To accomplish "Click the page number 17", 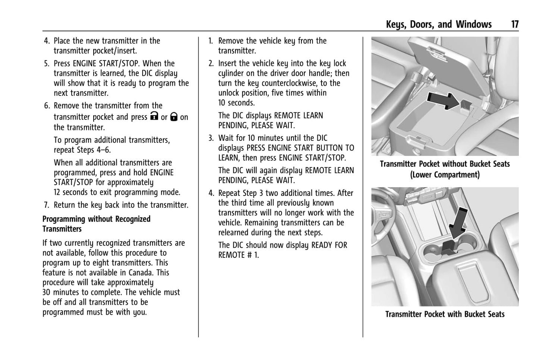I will point(514,25).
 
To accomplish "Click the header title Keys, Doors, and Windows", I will point(439,25).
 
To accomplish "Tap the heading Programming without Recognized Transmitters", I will point(96,224).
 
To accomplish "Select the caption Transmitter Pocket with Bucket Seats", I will point(445,314).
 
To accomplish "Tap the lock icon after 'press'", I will point(154,116).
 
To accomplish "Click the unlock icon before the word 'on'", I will point(174,117).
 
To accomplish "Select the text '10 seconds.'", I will point(236,103).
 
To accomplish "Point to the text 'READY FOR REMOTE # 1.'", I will point(282,250).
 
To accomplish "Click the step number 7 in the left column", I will point(46,205).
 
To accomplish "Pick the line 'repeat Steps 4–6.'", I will point(82,150).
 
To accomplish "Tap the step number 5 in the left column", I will point(46,64).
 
